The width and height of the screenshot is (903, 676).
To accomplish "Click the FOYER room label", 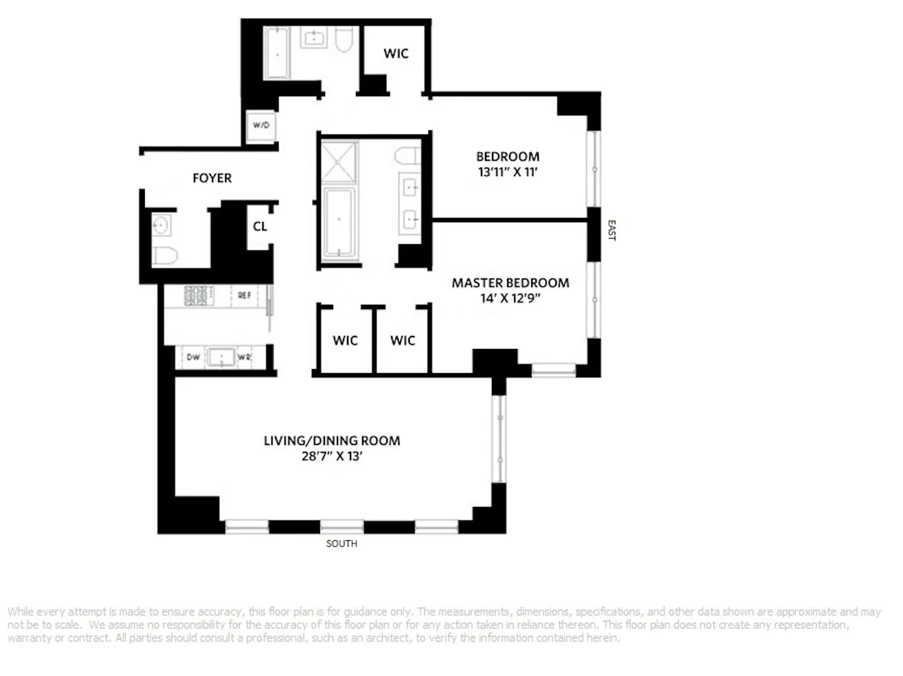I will tap(212, 178).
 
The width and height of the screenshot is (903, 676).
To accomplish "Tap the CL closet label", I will tap(259, 226).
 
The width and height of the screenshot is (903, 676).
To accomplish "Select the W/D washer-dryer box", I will tap(261, 126).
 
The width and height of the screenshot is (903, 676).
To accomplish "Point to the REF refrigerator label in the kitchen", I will tap(244, 295).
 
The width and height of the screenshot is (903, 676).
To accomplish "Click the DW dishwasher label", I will tap(193, 357).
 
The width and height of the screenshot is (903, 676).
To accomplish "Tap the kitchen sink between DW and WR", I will tap(221, 357).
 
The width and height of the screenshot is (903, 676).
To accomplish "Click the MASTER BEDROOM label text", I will tap(510, 283).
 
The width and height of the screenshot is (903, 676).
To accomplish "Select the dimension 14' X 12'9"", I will tap(510, 299).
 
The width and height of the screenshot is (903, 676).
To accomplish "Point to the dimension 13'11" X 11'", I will tap(508, 172).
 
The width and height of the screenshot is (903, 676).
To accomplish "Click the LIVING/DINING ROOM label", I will tap(332, 441).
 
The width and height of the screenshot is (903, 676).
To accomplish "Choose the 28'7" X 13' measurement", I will tap(332, 456).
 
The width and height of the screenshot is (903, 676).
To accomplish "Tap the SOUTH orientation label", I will tap(341, 544).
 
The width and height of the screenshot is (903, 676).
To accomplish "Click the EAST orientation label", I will tap(611, 230).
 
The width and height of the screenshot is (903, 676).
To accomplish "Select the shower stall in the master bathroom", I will tap(338, 162).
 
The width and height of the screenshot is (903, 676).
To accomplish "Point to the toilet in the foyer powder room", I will tap(166, 255).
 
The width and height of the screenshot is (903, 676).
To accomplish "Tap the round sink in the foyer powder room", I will tap(161, 226).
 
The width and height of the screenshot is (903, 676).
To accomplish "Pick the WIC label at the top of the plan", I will tap(396, 54).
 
